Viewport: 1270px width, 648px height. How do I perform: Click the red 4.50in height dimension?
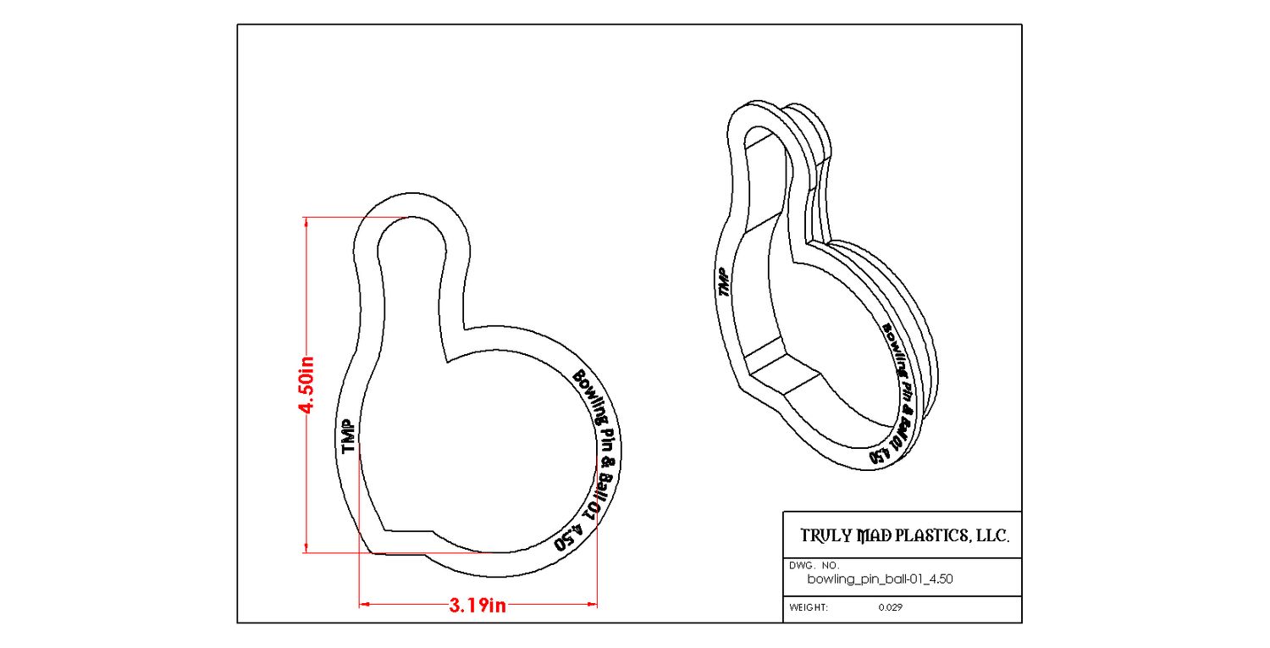306,385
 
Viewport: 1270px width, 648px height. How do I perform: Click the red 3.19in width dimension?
478,606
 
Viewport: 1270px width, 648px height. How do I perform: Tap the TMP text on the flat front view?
348,436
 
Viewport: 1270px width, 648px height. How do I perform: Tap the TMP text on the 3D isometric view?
724,282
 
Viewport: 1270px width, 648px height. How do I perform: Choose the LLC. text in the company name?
992,535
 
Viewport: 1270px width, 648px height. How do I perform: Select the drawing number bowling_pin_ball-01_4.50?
880,579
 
